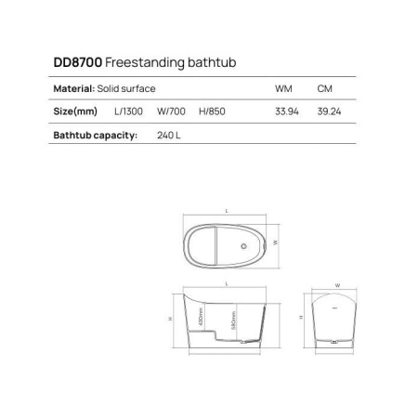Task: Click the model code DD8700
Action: click(x=78, y=62)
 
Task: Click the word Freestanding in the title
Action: click(x=137, y=62)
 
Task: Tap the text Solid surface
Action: click(x=126, y=88)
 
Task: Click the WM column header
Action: click(x=283, y=88)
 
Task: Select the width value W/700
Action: click(x=170, y=111)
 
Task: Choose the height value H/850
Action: click(x=210, y=111)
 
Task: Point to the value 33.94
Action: click(x=284, y=111)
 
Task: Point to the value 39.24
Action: click(x=326, y=111)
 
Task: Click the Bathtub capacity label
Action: click(x=95, y=135)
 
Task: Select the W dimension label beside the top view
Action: click(x=277, y=242)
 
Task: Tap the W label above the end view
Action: click(x=336, y=285)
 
